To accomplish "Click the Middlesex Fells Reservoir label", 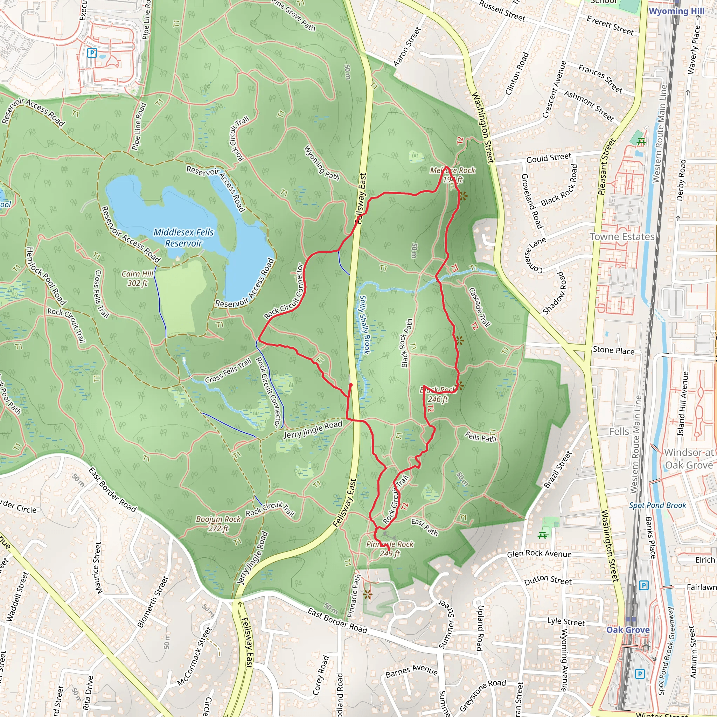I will [x=184, y=237].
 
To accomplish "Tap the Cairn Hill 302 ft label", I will [x=138, y=278].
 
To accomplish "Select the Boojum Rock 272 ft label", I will [x=218, y=524].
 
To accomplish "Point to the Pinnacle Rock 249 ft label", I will [x=390, y=549].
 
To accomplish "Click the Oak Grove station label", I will [x=628, y=630].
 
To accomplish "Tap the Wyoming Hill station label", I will [x=676, y=11].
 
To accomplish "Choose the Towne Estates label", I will [x=622, y=237].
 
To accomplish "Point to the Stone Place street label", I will [x=613, y=350].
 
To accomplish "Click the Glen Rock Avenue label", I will [x=539, y=554].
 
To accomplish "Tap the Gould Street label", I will [x=549, y=158].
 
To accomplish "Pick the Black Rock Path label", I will [x=407, y=343].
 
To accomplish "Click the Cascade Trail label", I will [x=480, y=307].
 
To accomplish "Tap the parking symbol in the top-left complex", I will [x=92, y=53].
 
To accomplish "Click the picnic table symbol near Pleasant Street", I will [x=641, y=142].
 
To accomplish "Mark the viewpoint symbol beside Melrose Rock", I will [x=462, y=196].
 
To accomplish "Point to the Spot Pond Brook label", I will [x=657, y=505].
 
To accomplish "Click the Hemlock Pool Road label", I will [x=46, y=276].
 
